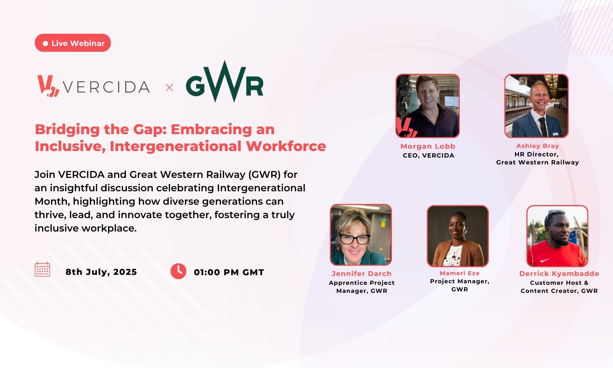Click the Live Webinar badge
[73, 43]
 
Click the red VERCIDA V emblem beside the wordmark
[48, 86]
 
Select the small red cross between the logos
[169, 88]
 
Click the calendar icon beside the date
[43, 269]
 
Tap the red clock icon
[179, 271]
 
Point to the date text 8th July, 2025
[101, 272]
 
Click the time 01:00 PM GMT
[229, 272]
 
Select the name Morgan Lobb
[428, 146]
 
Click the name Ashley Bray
[538, 146]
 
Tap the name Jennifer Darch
[362, 274]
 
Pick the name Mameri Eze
[459, 273]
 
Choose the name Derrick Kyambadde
[559, 274]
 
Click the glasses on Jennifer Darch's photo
[355, 239]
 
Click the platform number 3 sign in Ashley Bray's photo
[523, 81]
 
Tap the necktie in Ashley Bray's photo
[543, 127]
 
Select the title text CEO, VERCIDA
[429, 156]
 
